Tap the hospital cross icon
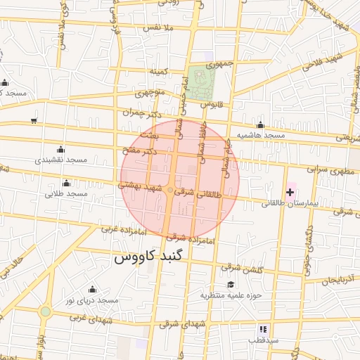(x=290, y=192)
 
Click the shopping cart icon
(x=34, y=122)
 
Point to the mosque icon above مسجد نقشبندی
(x=60, y=149)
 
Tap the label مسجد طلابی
(x=66, y=193)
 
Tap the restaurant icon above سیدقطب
(x=263, y=328)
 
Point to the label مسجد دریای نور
(x=91, y=300)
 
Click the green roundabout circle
(x=46, y=311)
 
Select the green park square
(x=201, y=82)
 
